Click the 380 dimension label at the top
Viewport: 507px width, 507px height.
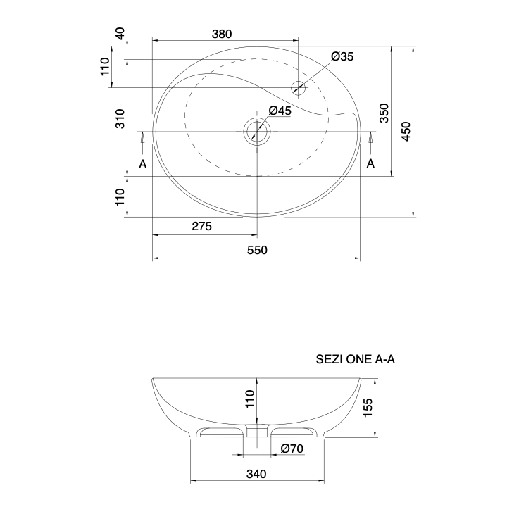click(222, 34)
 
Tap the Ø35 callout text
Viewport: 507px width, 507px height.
click(342, 56)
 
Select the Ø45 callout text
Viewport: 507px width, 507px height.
click(280, 111)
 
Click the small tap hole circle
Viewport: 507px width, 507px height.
click(298, 87)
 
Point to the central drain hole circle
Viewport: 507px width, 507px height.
click(257, 132)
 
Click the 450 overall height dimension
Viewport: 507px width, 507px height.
click(406, 131)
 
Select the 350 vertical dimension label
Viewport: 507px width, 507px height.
click(384, 113)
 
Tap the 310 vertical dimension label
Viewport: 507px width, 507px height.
click(120, 119)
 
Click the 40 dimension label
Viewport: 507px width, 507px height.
click(120, 34)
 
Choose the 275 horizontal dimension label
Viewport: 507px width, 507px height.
click(202, 226)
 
